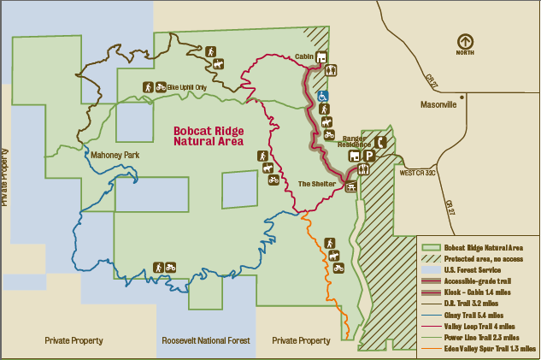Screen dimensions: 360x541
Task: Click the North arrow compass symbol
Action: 464,40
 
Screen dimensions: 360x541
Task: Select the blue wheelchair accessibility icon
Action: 324,96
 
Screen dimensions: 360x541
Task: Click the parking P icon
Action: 369,156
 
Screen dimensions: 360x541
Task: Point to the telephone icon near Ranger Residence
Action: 381,142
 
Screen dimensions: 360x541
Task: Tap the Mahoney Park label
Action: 114,155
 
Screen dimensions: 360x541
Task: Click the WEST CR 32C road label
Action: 418,172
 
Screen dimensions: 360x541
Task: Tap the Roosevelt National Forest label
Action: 206,340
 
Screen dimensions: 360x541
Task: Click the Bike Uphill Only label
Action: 187,87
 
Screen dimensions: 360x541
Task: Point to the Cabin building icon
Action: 321,58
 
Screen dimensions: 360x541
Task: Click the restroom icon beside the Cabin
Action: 332,70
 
